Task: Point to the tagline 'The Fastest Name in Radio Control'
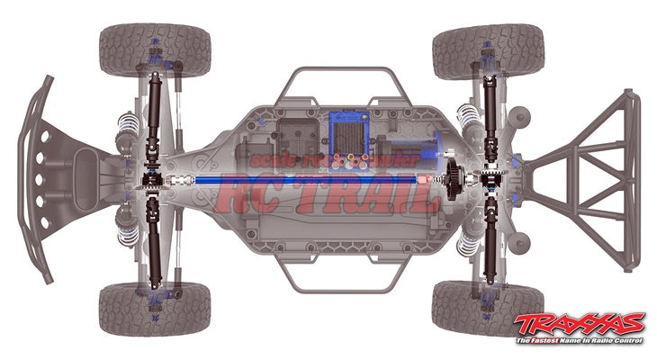(x=579, y=341)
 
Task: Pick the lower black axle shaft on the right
(x=490, y=243)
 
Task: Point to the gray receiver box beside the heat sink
(x=297, y=136)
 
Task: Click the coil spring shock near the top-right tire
(x=467, y=117)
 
